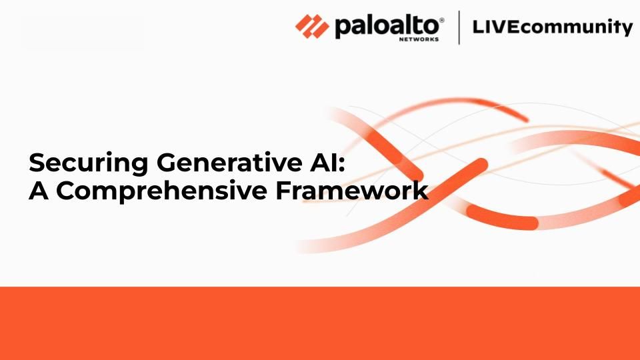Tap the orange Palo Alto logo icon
click(x=312, y=27)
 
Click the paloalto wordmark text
click(x=387, y=27)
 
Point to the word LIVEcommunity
click(x=552, y=28)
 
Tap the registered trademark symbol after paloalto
click(x=441, y=21)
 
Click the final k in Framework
click(x=419, y=191)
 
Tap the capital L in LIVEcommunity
click(x=476, y=27)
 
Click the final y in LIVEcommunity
click(x=626, y=30)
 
